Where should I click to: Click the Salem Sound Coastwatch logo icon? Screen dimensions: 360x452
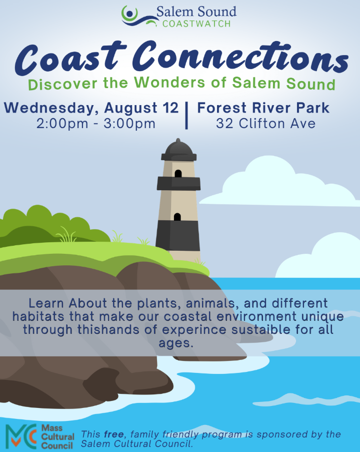pyautogui.click(x=139, y=16)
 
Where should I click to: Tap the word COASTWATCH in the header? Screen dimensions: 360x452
pyautogui.click(x=196, y=24)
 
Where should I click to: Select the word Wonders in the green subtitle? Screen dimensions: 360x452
pyautogui.click(x=169, y=82)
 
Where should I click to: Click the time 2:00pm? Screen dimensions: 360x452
pyautogui.click(x=62, y=123)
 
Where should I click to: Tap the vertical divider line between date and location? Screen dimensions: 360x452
pyautogui.click(x=186, y=115)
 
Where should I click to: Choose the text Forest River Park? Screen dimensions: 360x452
pyautogui.click(x=263, y=108)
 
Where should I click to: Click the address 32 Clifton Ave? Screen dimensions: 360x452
pyautogui.click(x=266, y=123)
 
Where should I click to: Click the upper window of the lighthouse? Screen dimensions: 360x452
pyautogui.click(x=178, y=174)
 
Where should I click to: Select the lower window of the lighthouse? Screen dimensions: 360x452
pyautogui.click(x=177, y=217)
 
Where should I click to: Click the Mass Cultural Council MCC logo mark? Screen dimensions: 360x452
pyautogui.click(x=21, y=436)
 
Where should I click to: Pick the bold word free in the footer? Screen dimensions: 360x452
pyautogui.click(x=114, y=434)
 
